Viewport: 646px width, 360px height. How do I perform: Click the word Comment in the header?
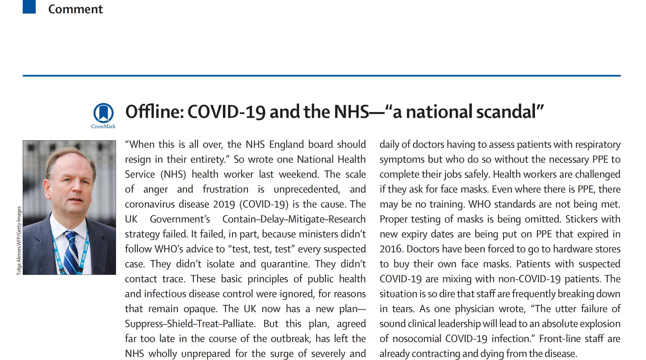tap(75, 9)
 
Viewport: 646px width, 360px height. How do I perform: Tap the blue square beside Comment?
tap(29, 7)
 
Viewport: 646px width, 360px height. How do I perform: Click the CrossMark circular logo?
tap(103, 113)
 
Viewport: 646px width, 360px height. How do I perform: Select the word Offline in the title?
tap(154, 112)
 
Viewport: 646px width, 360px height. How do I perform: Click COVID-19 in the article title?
tap(226, 112)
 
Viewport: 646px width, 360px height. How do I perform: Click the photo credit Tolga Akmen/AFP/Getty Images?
tap(19, 241)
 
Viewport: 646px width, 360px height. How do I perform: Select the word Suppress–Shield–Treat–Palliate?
tap(190, 324)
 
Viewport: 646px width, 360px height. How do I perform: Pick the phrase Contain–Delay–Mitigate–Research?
tap(294, 219)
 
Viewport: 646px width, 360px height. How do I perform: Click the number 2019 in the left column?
tap(224, 204)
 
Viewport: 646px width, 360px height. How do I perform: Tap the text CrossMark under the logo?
tap(103, 126)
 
